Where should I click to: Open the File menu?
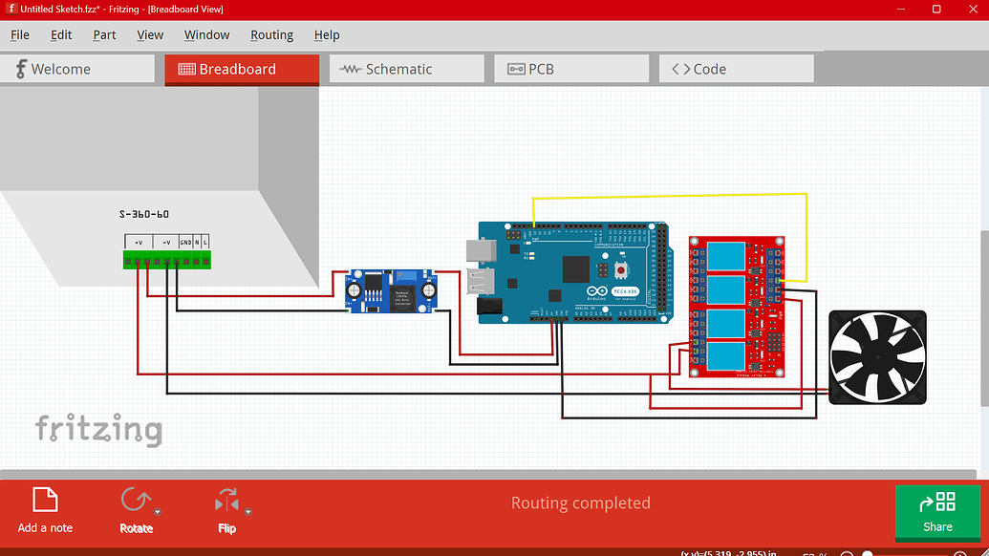point(20,35)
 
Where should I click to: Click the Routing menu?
point(271,35)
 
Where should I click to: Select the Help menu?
point(327,35)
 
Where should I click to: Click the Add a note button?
point(45,508)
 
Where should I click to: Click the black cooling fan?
point(877,357)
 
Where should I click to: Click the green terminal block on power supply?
point(167,259)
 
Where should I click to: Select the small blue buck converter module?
point(393,290)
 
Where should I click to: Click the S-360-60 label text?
point(144,214)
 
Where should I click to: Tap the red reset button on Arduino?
point(619,270)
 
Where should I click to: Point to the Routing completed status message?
point(580,503)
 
